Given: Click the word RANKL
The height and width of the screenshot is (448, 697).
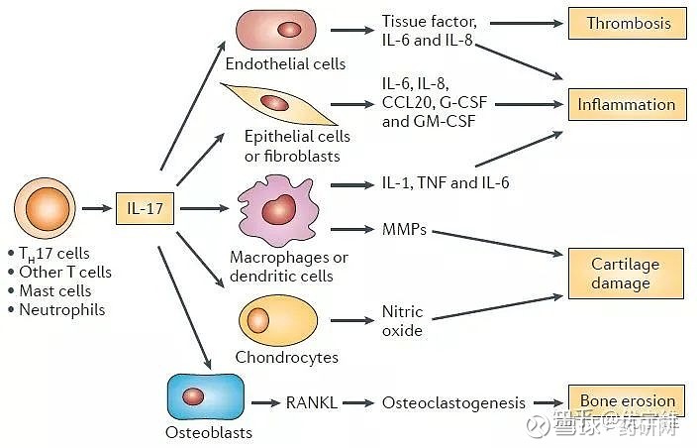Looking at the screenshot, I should click(x=312, y=402).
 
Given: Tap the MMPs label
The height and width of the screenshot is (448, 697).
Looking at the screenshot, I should click(x=403, y=230).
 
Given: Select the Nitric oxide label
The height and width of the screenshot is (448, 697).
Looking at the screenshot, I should click(x=402, y=320).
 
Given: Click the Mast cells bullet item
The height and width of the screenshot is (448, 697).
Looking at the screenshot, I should click(x=55, y=290).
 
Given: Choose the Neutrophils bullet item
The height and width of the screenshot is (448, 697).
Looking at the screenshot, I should click(x=61, y=309).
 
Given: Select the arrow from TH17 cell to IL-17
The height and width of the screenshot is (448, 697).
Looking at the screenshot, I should click(x=95, y=209).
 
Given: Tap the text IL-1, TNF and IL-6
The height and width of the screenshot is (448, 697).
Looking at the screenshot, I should click(x=446, y=183).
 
